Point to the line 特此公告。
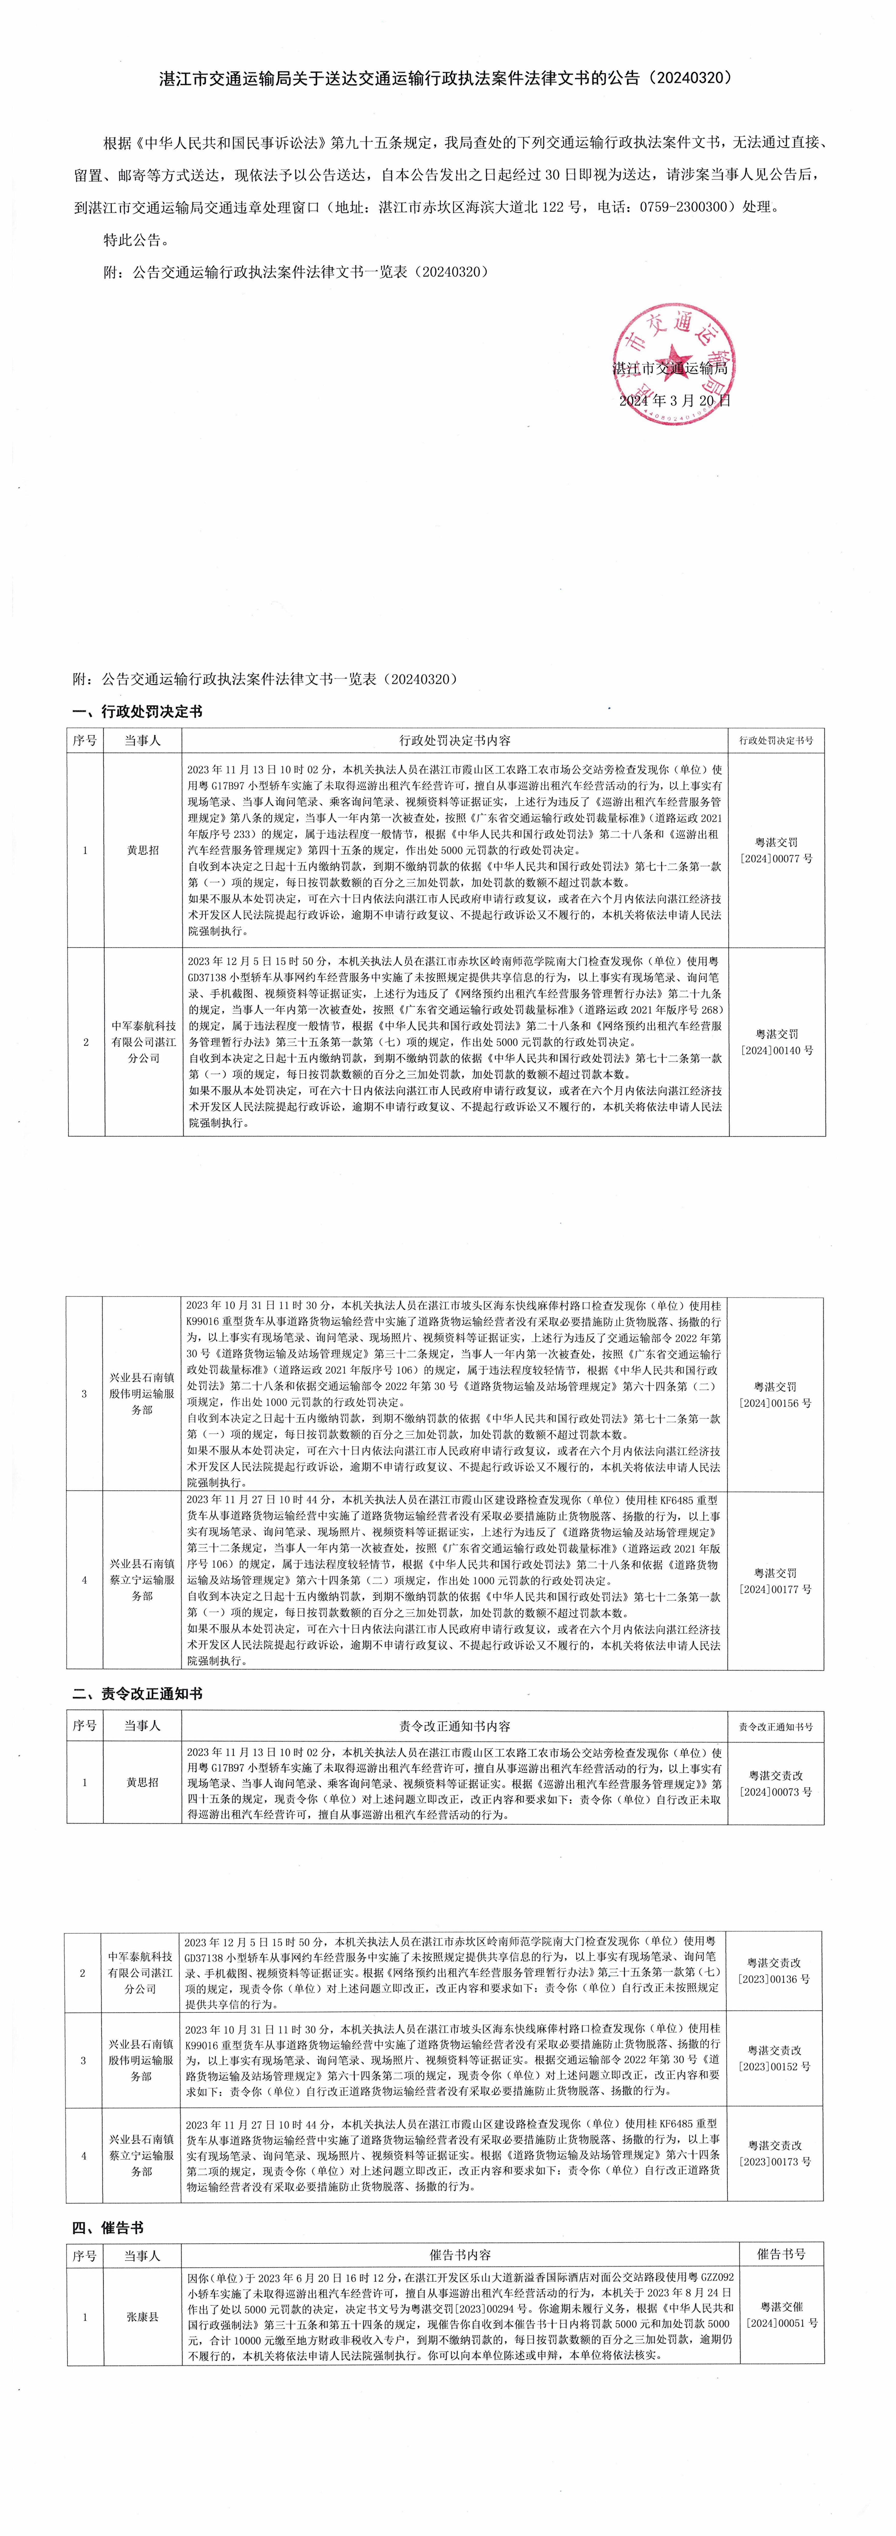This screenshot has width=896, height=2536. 136,239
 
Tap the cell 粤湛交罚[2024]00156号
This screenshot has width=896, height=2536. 776,1394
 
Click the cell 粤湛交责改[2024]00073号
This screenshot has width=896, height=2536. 776,1783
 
